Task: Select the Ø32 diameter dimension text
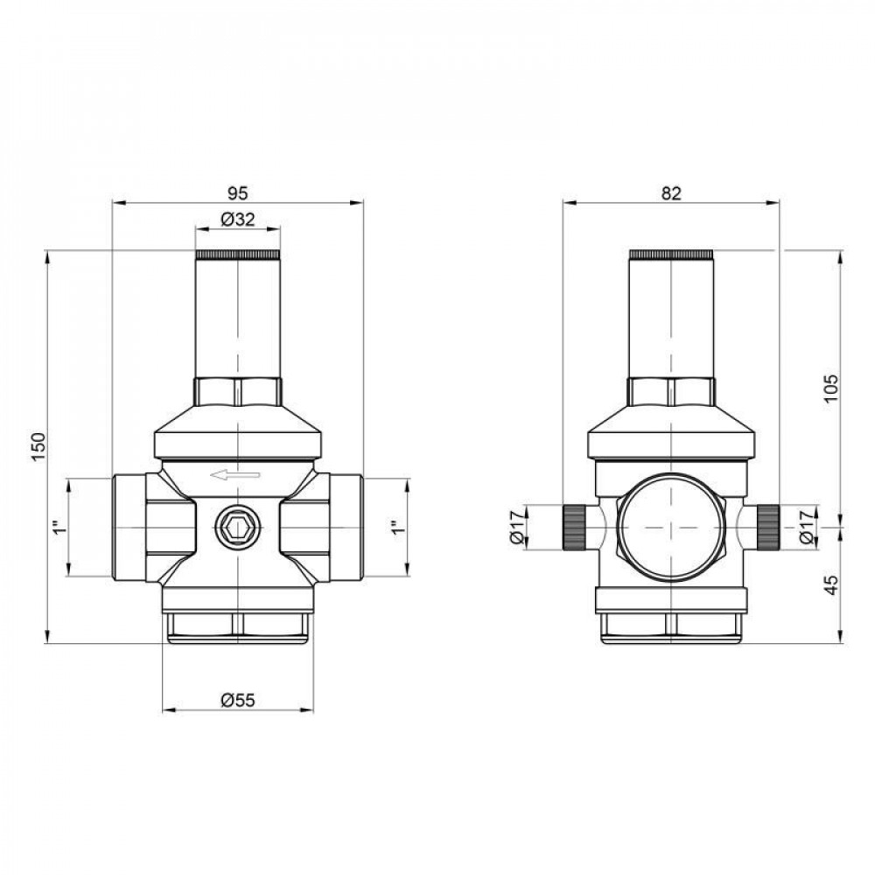click(x=238, y=220)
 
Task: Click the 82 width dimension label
click(x=671, y=193)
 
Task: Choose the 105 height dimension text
click(x=831, y=385)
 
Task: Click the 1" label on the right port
click(x=395, y=528)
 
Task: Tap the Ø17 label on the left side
click(x=517, y=528)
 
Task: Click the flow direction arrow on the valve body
click(x=235, y=475)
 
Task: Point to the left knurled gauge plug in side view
click(x=573, y=528)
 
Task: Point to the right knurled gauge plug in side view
click(x=768, y=528)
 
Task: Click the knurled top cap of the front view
click(x=238, y=255)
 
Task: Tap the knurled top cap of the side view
click(x=671, y=255)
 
